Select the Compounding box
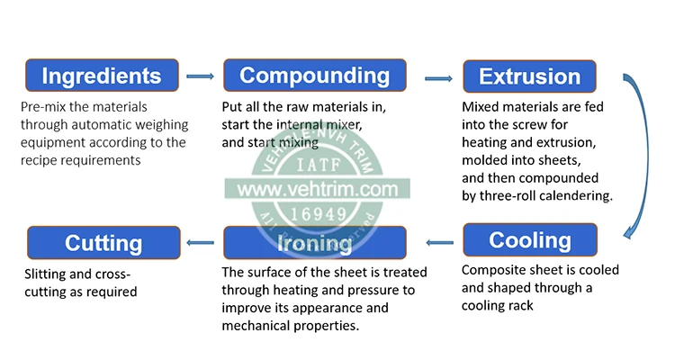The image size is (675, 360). pos(314,76)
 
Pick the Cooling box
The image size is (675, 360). pos(530,241)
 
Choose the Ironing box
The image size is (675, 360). pos(314,243)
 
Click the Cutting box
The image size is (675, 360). pos(103,243)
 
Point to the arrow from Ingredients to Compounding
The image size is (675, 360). pos(200,77)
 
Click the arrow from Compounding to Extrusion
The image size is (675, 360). pos(438,78)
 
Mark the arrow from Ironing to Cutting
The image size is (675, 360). pos(200,241)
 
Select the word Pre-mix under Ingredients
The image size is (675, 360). pos(41,107)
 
